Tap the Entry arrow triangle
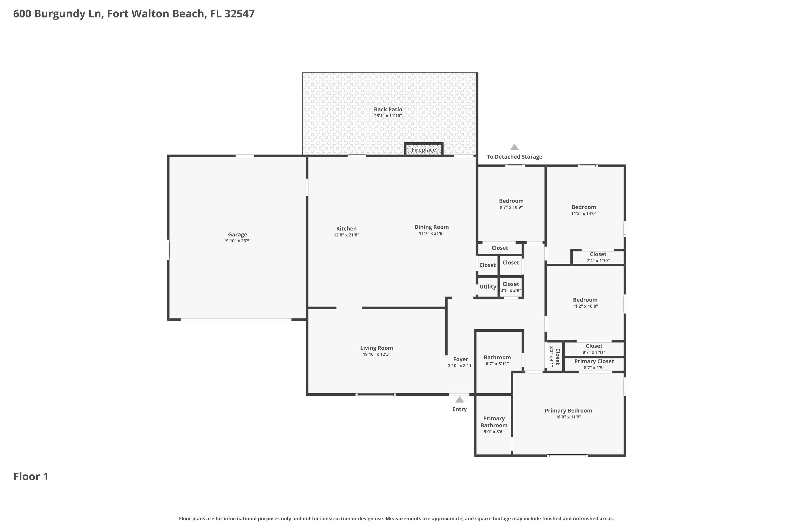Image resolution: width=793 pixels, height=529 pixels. pyautogui.click(x=460, y=400)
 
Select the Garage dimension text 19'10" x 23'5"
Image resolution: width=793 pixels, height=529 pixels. pyautogui.click(x=237, y=241)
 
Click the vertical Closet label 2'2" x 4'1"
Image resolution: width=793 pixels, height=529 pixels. pyautogui.click(x=555, y=357)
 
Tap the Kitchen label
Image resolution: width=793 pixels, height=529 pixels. pyautogui.click(x=346, y=229)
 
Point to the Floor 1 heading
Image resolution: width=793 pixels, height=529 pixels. pyautogui.click(x=31, y=477)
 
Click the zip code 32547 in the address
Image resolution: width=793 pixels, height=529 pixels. pyautogui.click(x=239, y=14)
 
